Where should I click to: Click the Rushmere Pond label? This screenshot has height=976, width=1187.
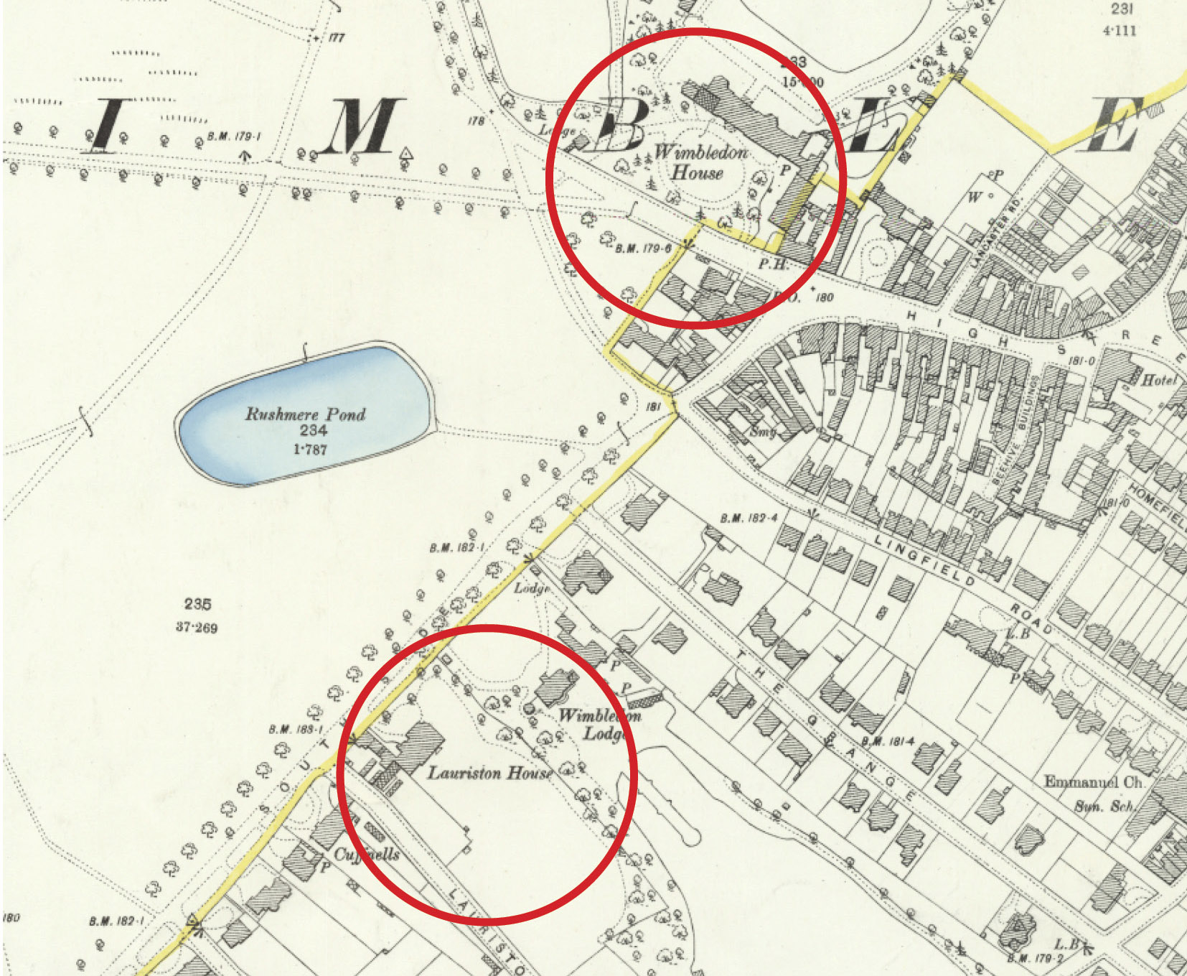[305, 414]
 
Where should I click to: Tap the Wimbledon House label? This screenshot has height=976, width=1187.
[700, 162]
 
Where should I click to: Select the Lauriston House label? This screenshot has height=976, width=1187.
[489, 773]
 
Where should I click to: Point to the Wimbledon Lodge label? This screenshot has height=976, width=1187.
[599, 724]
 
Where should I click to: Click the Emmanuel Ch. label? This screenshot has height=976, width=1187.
[1093, 782]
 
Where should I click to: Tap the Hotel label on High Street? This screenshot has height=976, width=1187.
[1158, 380]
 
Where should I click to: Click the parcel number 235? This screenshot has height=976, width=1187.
[197, 604]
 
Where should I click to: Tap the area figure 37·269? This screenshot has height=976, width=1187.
[197, 628]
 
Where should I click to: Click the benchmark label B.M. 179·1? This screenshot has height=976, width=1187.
[234, 136]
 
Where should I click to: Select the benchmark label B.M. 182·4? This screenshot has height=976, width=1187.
[749, 519]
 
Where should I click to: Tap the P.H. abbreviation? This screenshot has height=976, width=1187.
[771, 264]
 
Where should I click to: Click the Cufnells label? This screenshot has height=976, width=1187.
[367, 855]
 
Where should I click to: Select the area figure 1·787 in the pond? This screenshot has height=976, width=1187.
[310, 450]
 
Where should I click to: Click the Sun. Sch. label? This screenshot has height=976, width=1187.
[1104, 807]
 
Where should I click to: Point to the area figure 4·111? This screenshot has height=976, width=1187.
[1120, 30]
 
